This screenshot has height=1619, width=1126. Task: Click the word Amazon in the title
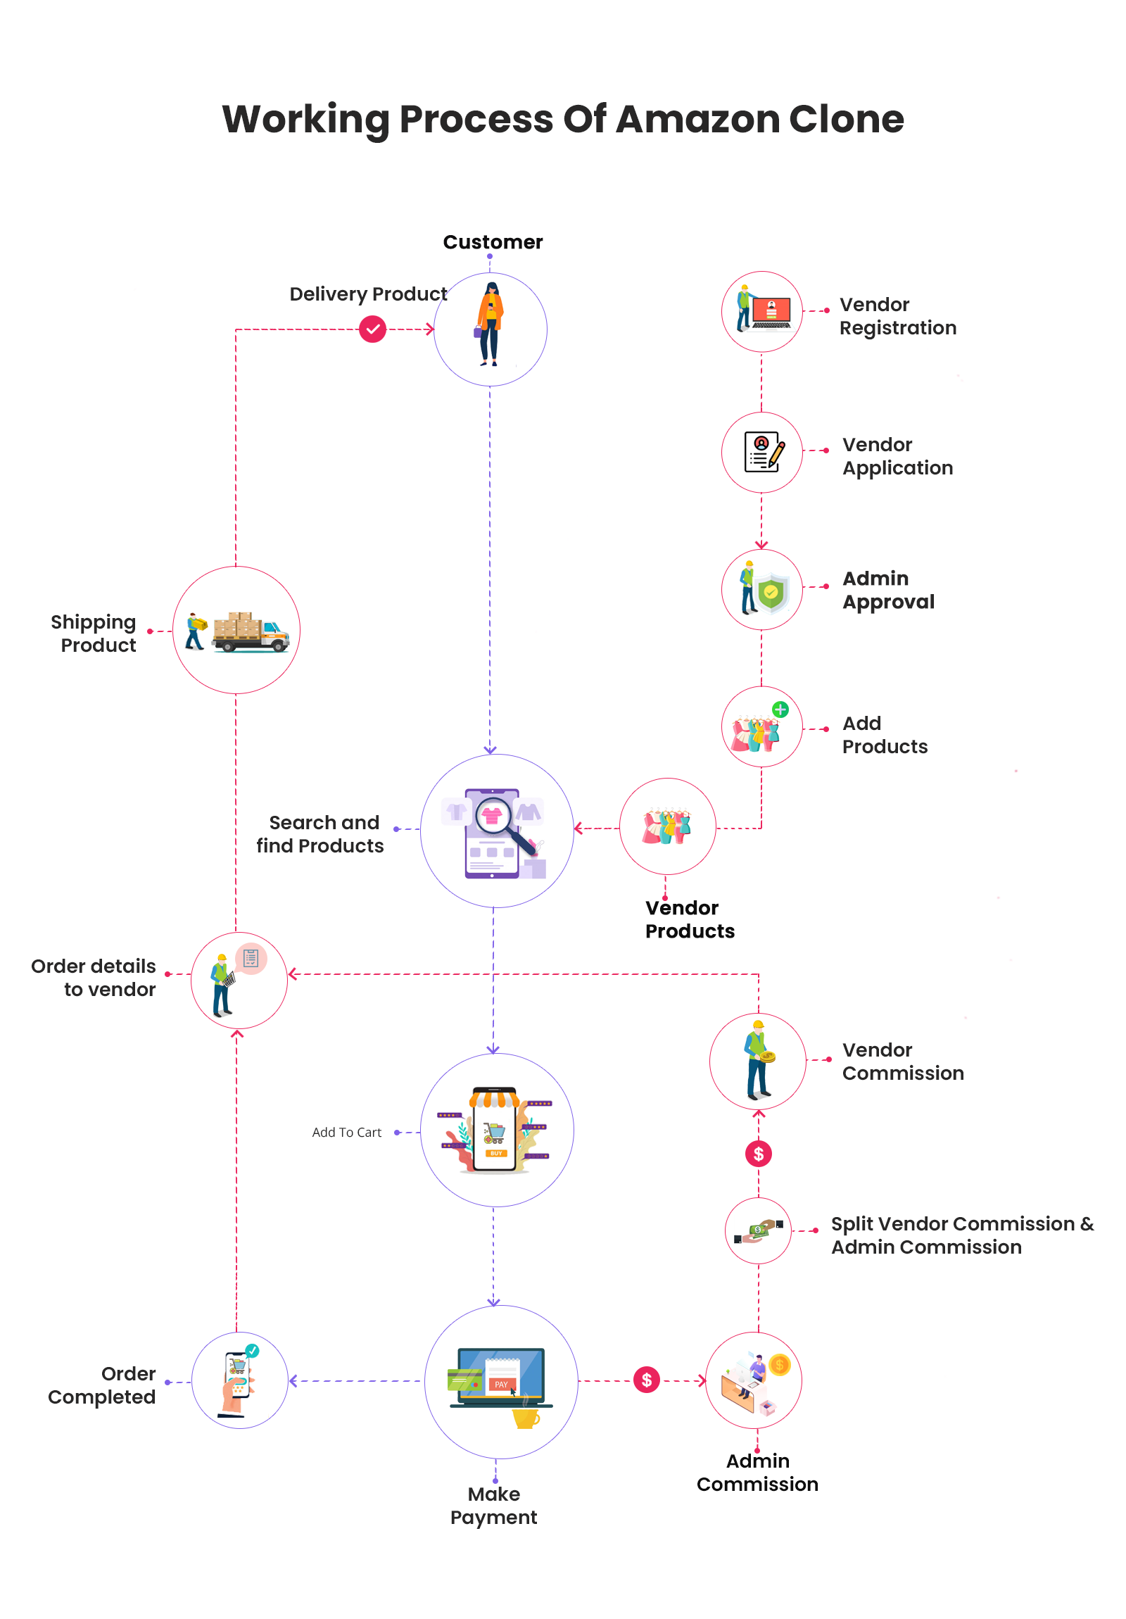coord(697,118)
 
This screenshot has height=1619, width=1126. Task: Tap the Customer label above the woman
coord(492,242)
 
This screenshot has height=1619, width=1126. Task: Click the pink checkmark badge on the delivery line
coord(372,329)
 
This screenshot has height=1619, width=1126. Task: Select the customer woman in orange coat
coord(489,325)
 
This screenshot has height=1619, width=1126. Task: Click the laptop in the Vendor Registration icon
coord(771,312)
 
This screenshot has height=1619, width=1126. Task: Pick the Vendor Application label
coord(897,455)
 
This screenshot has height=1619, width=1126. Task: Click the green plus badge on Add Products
coord(780,710)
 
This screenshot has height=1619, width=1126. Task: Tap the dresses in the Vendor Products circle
coord(666,826)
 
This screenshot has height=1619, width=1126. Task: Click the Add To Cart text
coord(346,1132)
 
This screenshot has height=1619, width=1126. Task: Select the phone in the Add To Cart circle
coord(495,1130)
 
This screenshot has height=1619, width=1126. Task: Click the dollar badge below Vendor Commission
coord(758,1154)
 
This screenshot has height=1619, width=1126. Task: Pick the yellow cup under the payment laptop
coord(525,1418)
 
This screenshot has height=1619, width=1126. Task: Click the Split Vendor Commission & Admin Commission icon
coord(758,1230)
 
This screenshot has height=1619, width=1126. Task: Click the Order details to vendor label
coord(94,977)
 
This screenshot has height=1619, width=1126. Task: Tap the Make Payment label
coord(493,1505)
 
